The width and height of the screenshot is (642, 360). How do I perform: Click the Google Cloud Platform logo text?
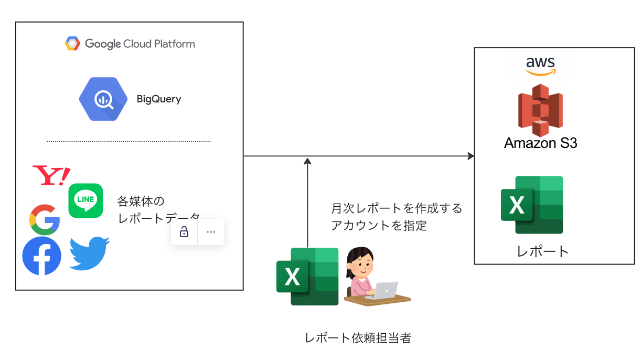click(140, 44)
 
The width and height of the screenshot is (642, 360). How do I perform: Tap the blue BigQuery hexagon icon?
click(103, 99)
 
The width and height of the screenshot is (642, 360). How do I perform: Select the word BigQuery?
click(159, 99)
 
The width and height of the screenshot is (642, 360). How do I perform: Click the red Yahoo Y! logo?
click(51, 175)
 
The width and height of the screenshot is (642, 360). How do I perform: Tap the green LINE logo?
click(85, 200)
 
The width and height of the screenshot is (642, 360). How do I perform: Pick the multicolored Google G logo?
click(45, 219)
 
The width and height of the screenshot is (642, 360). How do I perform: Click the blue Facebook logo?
click(42, 256)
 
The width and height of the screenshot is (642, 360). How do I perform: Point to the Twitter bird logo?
click(89, 253)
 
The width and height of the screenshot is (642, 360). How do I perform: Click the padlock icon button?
click(184, 232)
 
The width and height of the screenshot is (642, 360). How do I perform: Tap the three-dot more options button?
click(211, 232)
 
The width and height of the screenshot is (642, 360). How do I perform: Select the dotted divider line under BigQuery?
click(129, 141)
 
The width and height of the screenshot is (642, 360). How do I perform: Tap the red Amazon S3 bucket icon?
click(540, 110)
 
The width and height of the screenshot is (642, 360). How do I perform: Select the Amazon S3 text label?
click(540, 143)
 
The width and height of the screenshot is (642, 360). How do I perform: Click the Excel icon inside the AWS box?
click(532, 205)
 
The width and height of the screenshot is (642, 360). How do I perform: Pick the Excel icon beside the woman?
click(307, 276)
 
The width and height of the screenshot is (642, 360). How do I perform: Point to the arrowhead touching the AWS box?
click(470, 156)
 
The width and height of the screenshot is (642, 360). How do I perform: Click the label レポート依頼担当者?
click(358, 338)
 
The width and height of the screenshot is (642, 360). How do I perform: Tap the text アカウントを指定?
click(379, 226)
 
